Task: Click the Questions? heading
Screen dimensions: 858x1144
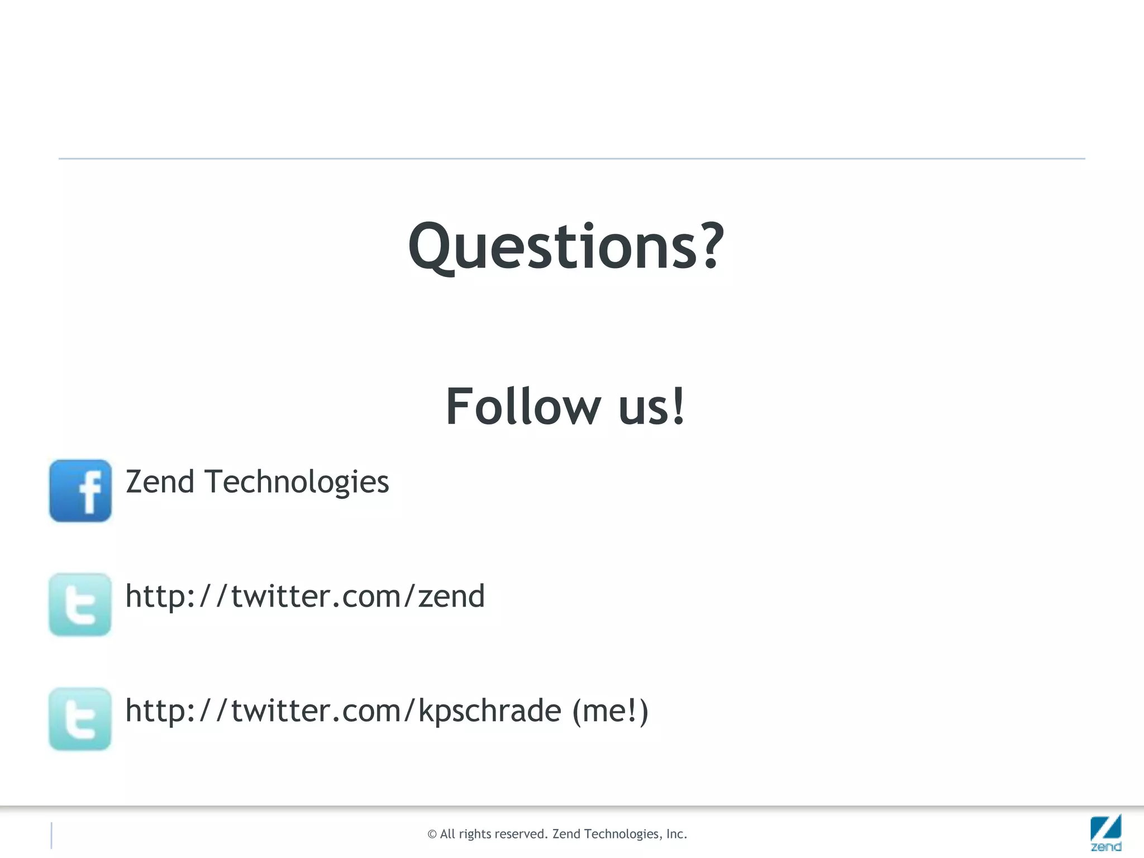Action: coord(565,246)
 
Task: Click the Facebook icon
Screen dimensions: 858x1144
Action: coord(80,490)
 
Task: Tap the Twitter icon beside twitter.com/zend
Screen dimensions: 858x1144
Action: coord(80,604)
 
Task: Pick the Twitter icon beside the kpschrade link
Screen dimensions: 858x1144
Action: coord(80,719)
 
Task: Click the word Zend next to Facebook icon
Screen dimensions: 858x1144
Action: coord(160,482)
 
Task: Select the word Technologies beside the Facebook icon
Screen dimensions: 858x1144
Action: coord(297,483)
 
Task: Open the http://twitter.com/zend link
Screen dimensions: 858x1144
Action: coord(305,596)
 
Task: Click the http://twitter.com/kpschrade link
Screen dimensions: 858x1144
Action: coord(343,711)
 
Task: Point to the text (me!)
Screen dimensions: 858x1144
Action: coord(611,711)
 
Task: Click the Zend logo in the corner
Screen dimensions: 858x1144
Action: coord(1105,832)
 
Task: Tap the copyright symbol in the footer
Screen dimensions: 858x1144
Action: coord(432,835)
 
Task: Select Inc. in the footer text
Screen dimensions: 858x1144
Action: coord(676,834)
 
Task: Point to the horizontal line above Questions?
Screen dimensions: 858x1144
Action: coord(572,159)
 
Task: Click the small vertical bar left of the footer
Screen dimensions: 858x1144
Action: coord(51,835)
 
